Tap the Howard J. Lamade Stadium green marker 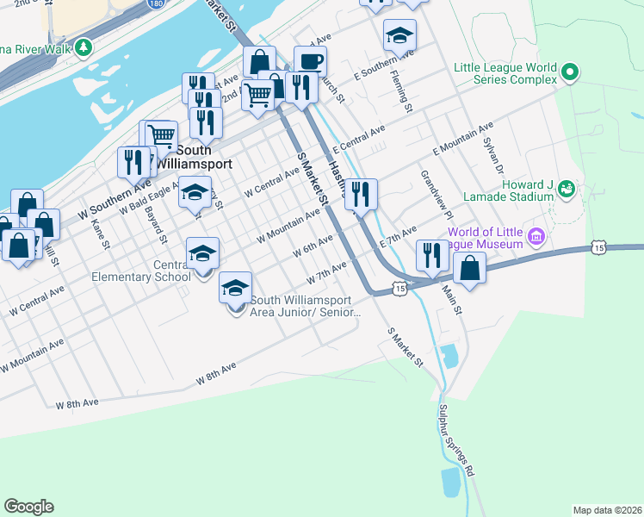tap(566, 188)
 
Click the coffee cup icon tap(310, 62)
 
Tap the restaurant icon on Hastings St tap(362, 195)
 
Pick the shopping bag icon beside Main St tap(469, 266)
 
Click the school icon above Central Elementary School tap(202, 253)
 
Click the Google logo tap(28, 507)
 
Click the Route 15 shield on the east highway tap(597, 248)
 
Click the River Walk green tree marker tap(84, 47)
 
